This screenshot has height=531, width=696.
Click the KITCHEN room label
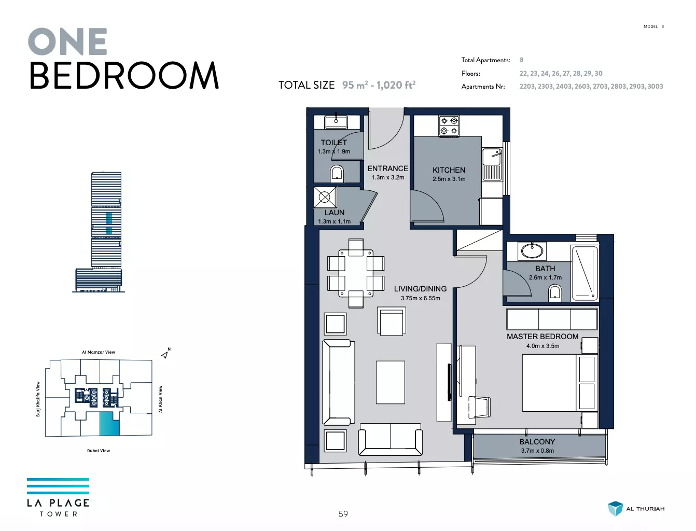(x=449, y=170)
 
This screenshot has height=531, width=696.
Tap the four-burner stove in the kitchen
(x=449, y=125)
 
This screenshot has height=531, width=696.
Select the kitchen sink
(x=492, y=164)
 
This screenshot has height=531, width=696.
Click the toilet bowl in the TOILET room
(x=337, y=174)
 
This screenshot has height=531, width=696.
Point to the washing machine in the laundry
(x=325, y=197)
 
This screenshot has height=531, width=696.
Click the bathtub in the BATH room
(x=584, y=273)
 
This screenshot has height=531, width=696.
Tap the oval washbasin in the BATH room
(x=532, y=251)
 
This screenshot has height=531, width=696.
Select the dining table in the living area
(x=356, y=273)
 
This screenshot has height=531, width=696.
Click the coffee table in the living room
(x=391, y=382)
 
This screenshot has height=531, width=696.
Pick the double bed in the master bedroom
(x=560, y=383)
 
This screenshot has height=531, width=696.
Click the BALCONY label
(x=537, y=442)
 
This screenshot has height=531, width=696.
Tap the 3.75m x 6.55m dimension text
(x=420, y=298)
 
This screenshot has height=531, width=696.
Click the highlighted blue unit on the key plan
(x=110, y=424)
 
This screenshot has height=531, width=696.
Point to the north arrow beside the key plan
(x=165, y=355)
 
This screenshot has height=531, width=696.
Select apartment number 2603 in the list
(x=582, y=86)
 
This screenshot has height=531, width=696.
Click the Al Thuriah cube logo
(x=615, y=508)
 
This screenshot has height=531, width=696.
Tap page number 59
(x=343, y=514)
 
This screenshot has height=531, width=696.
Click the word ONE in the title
(x=67, y=41)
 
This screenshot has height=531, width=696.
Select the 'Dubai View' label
(x=99, y=451)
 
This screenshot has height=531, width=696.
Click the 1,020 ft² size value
(x=396, y=85)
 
